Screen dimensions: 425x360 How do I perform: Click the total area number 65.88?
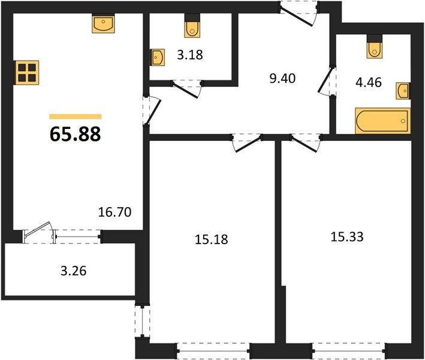(x=76, y=134)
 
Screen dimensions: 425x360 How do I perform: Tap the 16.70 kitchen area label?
(x=114, y=212)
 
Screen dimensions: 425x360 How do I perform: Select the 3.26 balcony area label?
(x=74, y=271)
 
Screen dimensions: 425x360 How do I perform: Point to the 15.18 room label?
(x=212, y=239)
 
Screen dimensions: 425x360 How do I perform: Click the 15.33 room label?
(x=347, y=237)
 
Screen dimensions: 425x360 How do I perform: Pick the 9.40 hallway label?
(x=282, y=79)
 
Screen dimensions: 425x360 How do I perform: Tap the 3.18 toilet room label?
(x=190, y=55)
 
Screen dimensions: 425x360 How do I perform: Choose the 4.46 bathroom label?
(x=369, y=82)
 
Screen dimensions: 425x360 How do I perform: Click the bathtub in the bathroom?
(x=382, y=121)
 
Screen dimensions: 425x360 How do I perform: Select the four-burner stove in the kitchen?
(x=28, y=73)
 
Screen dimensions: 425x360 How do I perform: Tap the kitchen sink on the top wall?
(x=103, y=23)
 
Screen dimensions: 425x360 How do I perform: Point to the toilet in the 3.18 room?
(x=192, y=26)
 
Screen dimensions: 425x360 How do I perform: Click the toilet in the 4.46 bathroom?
(x=375, y=47)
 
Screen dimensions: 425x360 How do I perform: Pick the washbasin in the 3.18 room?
(x=158, y=57)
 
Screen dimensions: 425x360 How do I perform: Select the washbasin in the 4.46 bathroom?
(x=403, y=91)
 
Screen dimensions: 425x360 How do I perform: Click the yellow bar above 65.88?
(x=76, y=116)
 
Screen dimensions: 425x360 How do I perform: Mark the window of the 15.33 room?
(x=349, y=351)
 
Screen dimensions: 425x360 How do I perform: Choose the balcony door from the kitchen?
(x=38, y=232)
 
